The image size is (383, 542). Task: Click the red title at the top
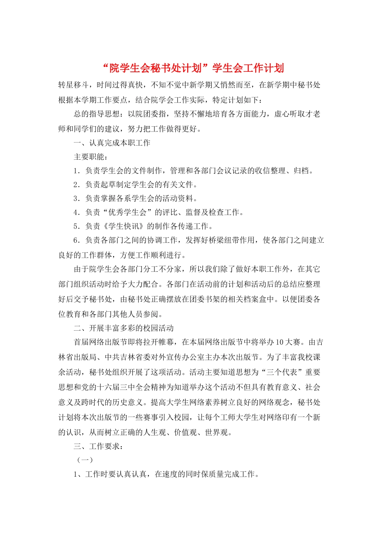pyautogui.click(x=191, y=68)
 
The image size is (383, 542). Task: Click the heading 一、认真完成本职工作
pyautogui.click(x=112, y=143)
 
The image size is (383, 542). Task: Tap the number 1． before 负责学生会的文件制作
pyautogui.click(x=78, y=171)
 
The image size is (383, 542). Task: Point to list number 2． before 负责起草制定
pyautogui.click(x=78, y=185)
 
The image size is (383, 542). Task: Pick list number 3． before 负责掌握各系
pyautogui.click(x=78, y=198)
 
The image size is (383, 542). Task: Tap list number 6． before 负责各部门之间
pyautogui.click(x=78, y=240)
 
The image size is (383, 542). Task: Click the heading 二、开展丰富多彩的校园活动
pyautogui.click(x=123, y=328)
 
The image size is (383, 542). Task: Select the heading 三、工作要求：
pyautogui.click(x=98, y=446)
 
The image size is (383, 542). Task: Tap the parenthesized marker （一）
pyautogui.click(x=85, y=460)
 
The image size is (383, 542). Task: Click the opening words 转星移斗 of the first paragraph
pyautogui.click(x=74, y=85)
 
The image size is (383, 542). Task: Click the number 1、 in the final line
pyautogui.click(x=78, y=474)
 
